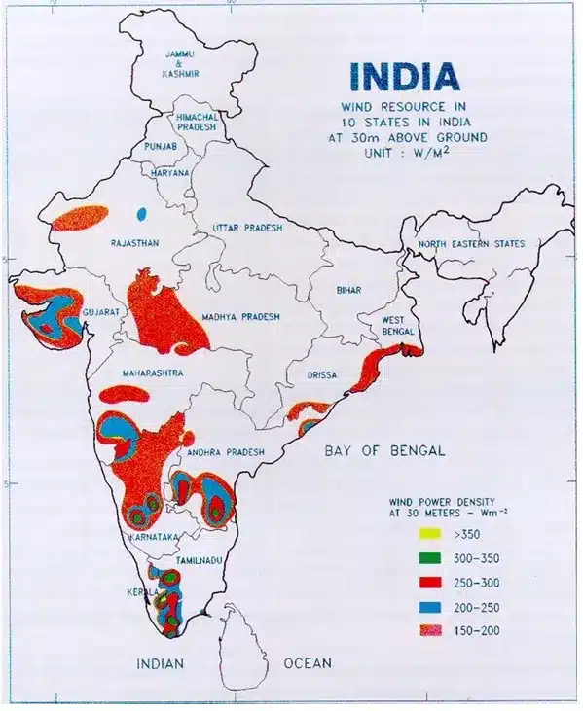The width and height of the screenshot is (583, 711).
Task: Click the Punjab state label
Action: pos(160,146)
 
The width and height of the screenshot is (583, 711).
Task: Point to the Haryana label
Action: pos(170,172)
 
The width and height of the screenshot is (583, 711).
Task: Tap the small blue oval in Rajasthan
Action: pos(141,212)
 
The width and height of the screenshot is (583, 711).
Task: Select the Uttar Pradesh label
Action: pos(247,228)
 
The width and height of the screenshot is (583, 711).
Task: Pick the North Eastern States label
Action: pos(471,244)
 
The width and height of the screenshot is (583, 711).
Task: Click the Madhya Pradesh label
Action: pos(240,317)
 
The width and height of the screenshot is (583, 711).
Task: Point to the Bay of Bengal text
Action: pos(384,450)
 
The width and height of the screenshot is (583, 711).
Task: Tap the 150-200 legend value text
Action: pos(477,631)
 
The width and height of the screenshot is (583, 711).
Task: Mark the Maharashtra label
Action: pos(149,373)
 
